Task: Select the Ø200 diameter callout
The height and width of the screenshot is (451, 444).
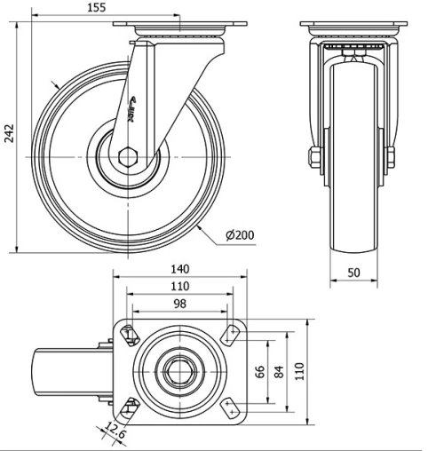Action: tap(240, 234)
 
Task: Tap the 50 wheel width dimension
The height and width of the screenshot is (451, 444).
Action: tap(353, 273)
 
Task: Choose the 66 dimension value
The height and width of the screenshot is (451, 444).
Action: tap(260, 371)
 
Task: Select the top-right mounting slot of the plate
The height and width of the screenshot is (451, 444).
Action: tap(232, 334)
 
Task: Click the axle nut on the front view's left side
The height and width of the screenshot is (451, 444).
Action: tap(315, 159)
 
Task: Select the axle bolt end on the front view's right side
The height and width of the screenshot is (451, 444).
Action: tap(390, 159)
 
